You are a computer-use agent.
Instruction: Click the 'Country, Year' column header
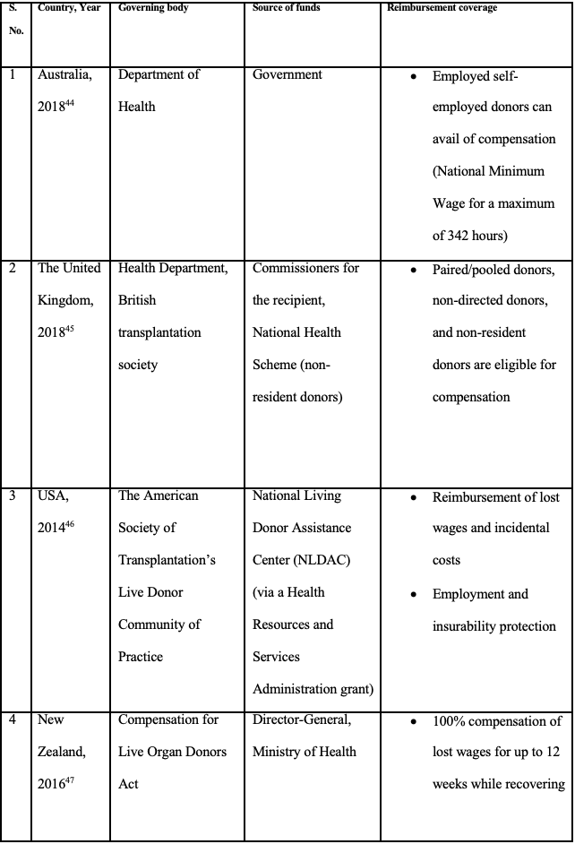70,8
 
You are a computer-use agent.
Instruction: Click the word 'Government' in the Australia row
287,74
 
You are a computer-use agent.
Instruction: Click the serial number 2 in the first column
13,268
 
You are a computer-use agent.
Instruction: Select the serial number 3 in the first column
13,495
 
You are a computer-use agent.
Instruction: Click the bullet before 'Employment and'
413,594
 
